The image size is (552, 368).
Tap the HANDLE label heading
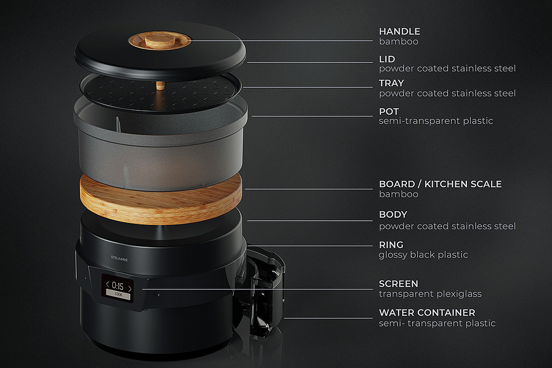399,32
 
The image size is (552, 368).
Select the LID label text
387,59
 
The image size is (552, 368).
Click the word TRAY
391,83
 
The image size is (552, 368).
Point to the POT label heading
389,111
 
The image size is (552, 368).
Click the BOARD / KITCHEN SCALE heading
440,184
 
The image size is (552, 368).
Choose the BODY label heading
393,214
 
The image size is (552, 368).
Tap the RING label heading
391,244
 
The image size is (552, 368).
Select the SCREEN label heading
398,283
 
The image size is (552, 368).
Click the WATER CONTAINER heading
427,312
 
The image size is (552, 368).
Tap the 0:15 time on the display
118,286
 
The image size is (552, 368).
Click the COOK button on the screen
118,294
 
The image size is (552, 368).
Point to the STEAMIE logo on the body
119,259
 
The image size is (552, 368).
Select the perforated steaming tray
160,93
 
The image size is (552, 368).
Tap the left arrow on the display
107,284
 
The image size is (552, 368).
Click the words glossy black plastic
423,254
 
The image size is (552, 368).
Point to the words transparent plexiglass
430,294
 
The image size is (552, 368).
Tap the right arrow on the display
130,289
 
